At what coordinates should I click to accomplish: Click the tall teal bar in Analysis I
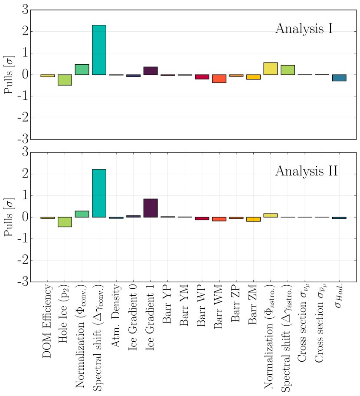pyautogui.click(x=99, y=50)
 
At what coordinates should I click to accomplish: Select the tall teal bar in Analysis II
pyautogui.click(x=99, y=193)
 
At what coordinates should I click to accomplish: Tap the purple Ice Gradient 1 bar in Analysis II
pyautogui.click(x=150, y=208)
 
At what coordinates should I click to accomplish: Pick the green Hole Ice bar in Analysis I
pyautogui.click(x=65, y=80)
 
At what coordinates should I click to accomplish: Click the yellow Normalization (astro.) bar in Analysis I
pyautogui.click(x=270, y=69)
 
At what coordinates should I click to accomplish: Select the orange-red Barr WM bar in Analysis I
pyautogui.click(x=219, y=79)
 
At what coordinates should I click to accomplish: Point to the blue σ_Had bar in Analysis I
pyautogui.click(x=339, y=78)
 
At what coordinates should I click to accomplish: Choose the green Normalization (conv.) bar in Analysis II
pyautogui.click(x=82, y=214)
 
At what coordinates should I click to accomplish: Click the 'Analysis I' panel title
pyautogui.click(x=304, y=29)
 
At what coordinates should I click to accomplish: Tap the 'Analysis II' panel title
pyautogui.click(x=306, y=171)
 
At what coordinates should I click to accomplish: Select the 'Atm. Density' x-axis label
pyautogui.click(x=116, y=315)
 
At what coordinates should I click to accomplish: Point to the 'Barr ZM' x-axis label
pyautogui.click(x=253, y=306)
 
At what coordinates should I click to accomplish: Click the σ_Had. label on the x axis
pyautogui.click(x=339, y=299)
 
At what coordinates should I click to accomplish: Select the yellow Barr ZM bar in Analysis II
pyautogui.click(x=253, y=219)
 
